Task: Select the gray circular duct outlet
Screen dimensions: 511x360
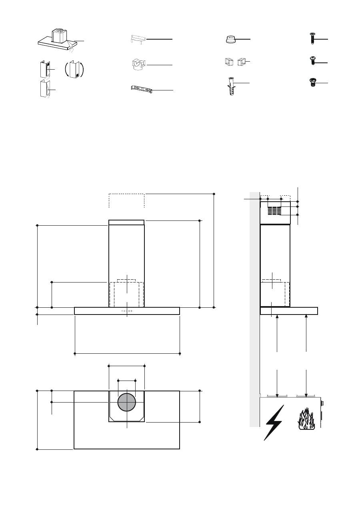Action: [x=127, y=403]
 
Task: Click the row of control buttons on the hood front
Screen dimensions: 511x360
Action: [x=127, y=311]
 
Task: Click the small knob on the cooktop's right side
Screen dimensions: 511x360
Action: [x=323, y=403]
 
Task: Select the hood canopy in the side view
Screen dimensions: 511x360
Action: [x=289, y=311]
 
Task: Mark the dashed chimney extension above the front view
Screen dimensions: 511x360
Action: [x=126, y=200]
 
